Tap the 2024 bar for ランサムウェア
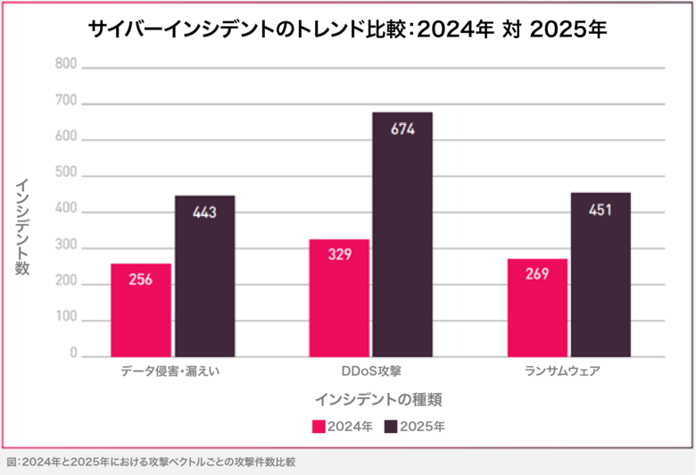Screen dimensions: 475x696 (536, 308)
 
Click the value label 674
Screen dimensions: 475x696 (402, 129)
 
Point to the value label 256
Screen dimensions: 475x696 (140, 279)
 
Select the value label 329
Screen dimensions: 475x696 (339, 254)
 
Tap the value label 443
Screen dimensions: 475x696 (204, 212)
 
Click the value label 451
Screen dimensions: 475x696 (601, 210)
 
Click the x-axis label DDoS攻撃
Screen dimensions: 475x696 (370, 370)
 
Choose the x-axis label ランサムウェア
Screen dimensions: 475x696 (568, 370)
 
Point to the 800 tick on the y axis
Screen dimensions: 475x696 (65, 64)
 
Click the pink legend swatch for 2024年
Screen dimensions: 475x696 (319, 427)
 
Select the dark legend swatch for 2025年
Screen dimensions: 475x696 (390, 427)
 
